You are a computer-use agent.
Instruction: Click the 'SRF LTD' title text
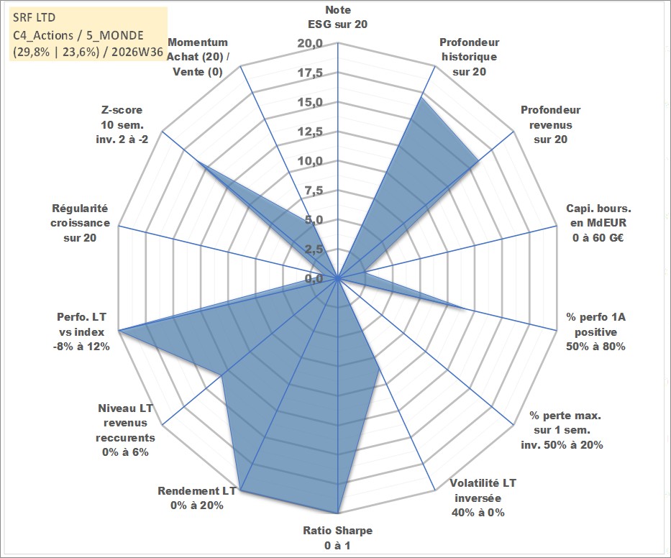(x=35, y=18)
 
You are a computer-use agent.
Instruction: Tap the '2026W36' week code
(x=137, y=52)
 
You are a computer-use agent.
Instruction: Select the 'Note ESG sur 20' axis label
(x=337, y=17)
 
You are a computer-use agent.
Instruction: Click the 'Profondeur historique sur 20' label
(x=470, y=57)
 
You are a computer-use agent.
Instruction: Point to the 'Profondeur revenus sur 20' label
(x=550, y=124)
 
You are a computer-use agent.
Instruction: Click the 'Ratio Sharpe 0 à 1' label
(x=337, y=538)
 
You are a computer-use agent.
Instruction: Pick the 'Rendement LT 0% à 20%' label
(x=197, y=498)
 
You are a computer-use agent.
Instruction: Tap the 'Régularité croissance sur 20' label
(x=80, y=223)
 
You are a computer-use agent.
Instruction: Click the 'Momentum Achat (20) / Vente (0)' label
(x=198, y=57)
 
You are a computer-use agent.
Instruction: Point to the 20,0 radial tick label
(x=310, y=43)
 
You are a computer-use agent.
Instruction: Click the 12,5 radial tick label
(x=310, y=132)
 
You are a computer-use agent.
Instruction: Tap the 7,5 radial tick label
(x=314, y=191)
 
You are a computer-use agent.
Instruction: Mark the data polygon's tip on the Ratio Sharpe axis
(x=338, y=513)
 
